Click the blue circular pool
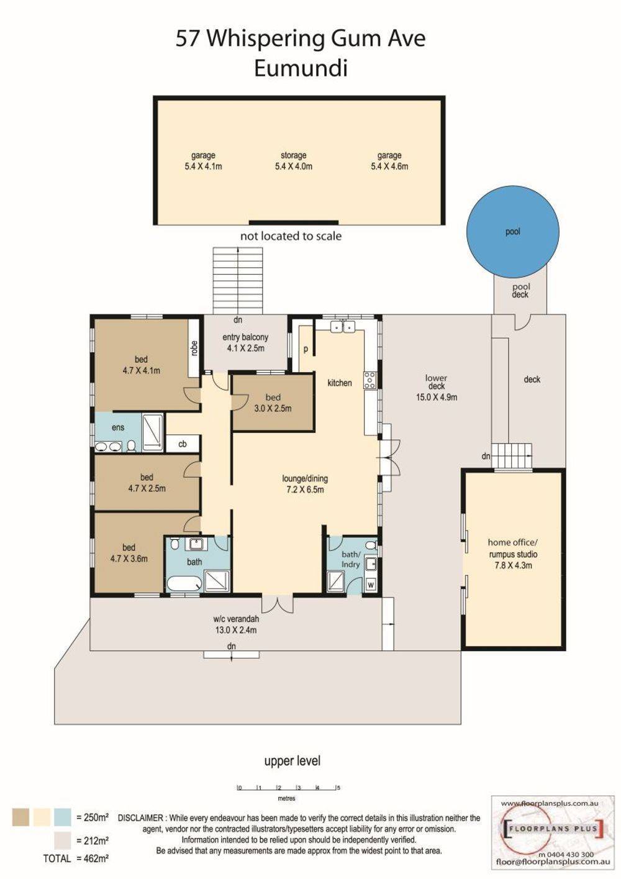pos(513,231)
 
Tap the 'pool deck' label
pos(520,291)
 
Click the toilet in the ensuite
pos(132,445)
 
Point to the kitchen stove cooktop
pos(369,380)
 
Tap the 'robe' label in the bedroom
pos(194,348)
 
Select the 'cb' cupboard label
pos(183,444)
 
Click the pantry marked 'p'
pos(306,349)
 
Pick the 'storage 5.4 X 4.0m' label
pos(294,161)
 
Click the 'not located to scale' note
pos(291,236)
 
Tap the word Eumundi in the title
pos(301,68)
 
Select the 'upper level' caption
pos(292,761)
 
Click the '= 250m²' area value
pos(92,818)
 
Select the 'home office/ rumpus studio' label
pos(512,553)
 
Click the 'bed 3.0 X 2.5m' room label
pos(273,403)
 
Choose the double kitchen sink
pos(342,326)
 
